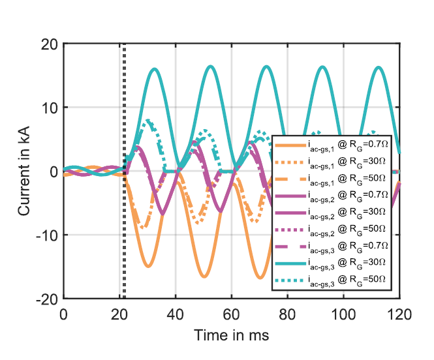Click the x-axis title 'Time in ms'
click(x=231, y=335)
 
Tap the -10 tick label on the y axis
click(x=46, y=235)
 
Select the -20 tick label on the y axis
click(x=46, y=299)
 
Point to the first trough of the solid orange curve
click(x=149, y=266)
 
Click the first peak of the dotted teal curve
click(x=149, y=121)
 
